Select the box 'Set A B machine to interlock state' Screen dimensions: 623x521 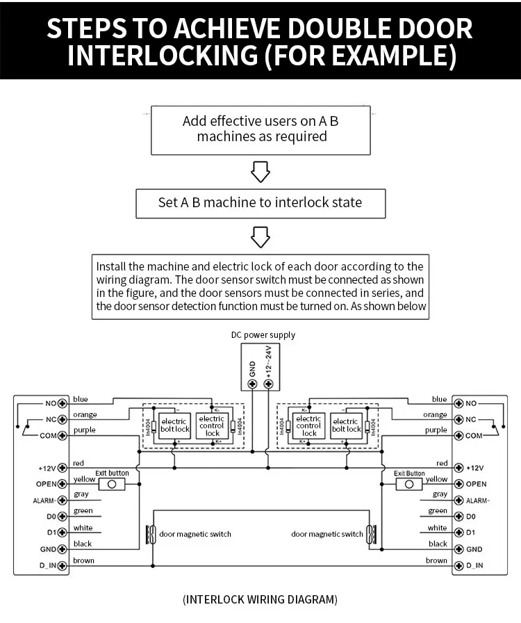pos(260,203)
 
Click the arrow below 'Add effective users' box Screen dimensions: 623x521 pos(260,171)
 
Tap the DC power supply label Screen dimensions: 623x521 pos(263,335)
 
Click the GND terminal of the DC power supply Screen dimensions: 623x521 pos(251,383)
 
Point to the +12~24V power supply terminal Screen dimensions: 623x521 pos(270,383)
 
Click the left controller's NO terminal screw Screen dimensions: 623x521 pos(62,403)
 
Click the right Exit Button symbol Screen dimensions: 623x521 pos(409,483)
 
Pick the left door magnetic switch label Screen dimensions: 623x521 pos(195,534)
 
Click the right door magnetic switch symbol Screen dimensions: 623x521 pos(372,534)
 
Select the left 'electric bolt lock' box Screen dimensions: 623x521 pos(174,425)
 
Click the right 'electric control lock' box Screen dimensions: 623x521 pos(309,426)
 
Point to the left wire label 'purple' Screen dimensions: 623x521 pos(84,430)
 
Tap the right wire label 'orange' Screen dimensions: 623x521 pos(435,415)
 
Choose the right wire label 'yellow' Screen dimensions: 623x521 pos(436,479)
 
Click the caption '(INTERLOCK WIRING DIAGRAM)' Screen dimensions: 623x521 pos(260,599)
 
